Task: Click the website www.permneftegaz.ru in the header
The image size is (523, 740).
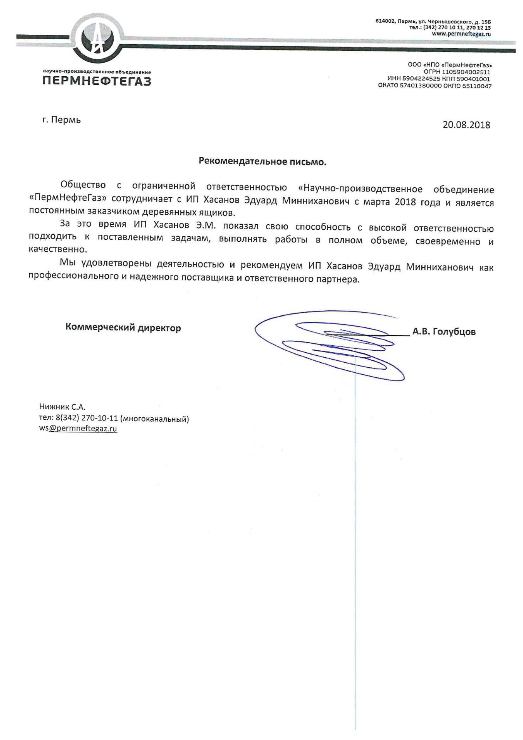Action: [x=461, y=34]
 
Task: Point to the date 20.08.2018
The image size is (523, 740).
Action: [x=466, y=125]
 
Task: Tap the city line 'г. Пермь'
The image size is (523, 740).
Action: [x=62, y=120]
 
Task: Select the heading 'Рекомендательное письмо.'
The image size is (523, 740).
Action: [x=262, y=161]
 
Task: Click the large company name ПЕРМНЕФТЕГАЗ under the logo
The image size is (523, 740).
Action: [x=97, y=81]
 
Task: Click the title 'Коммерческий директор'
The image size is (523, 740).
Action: [x=123, y=328]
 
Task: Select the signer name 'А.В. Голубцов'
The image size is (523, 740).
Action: [x=444, y=331]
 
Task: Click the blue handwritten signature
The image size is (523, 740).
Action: [x=331, y=345]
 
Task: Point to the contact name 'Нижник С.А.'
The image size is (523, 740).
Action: [x=62, y=407]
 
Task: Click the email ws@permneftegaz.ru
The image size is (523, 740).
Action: [x=78, y=429]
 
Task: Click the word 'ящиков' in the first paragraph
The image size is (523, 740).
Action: [x=218, y=212]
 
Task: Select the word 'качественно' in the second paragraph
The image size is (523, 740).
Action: [x=57, y=249]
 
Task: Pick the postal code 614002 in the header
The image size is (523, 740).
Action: [x=385, y=22]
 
